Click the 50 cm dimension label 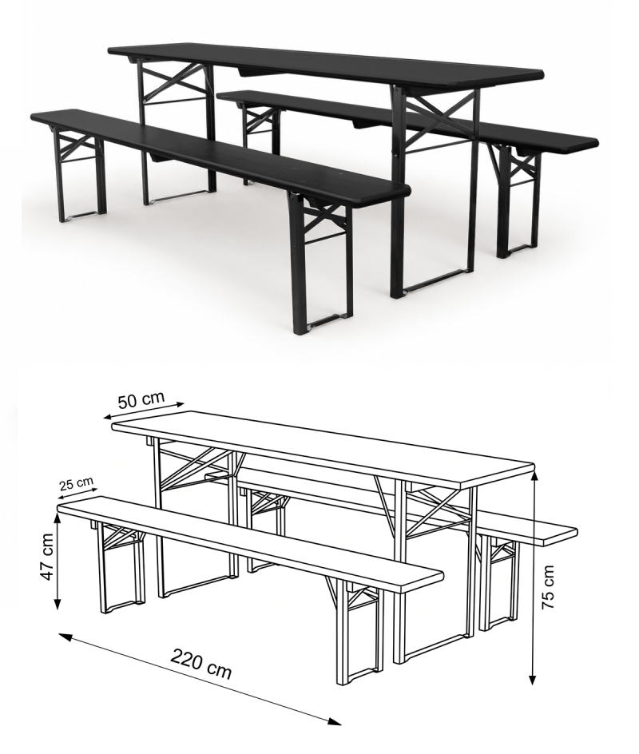click(x=141, y=399)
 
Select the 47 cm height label click(x=47, y=557)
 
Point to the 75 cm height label click(x=549, y=587)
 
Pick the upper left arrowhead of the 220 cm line click(x=65, y=637)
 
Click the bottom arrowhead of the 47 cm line click(x=58, y=603)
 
